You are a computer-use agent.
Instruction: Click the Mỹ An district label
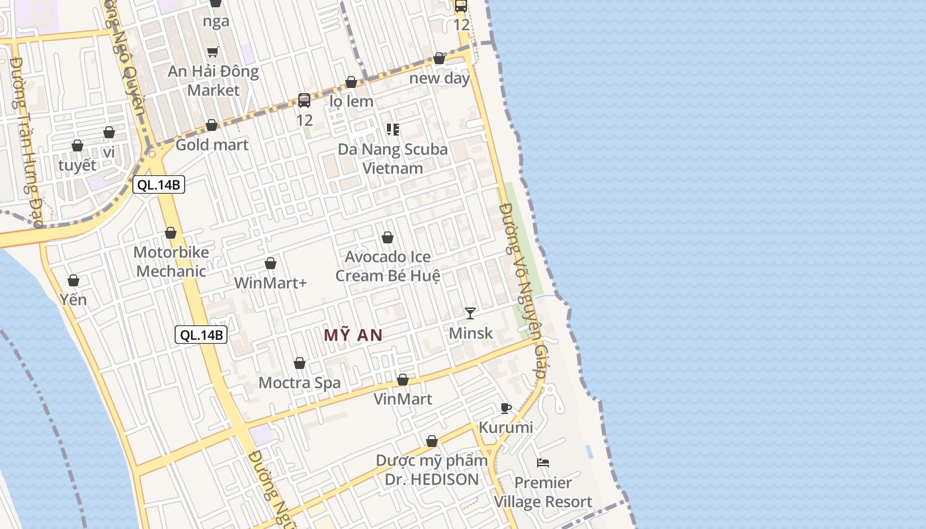[x=353, y=335]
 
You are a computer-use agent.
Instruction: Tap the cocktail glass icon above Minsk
[x=470, y=313]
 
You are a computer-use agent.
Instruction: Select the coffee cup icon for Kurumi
[x=506, y=408]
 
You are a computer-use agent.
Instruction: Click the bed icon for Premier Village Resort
[x=543, y=463]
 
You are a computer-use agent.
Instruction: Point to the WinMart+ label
[x=271, y=283]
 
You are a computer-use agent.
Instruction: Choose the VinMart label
[x=403, y=399]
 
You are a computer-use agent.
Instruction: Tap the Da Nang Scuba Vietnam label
[x=393, y=159]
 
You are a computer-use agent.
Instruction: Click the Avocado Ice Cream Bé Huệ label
[x=388, y=266]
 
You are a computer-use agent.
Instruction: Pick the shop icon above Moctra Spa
[x=300, y=363]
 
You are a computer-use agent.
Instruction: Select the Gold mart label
[x=212, y=144]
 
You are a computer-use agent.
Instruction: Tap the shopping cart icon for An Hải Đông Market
[x=213, y=52]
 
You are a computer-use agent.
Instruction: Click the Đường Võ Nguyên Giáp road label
[x=523, y=291]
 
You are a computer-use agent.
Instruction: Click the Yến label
[x=73, y=300]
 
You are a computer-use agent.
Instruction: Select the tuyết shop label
[x=77, y=165]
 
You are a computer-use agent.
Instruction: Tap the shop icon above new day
[x=439, y=58]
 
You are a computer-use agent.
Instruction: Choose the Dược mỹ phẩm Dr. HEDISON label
[x=432, y=469]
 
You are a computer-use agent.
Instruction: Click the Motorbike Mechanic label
[x=171, y=261]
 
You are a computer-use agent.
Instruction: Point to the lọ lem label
[x=351, y=101]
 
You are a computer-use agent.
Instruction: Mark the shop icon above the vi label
[x=109, y=132]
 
